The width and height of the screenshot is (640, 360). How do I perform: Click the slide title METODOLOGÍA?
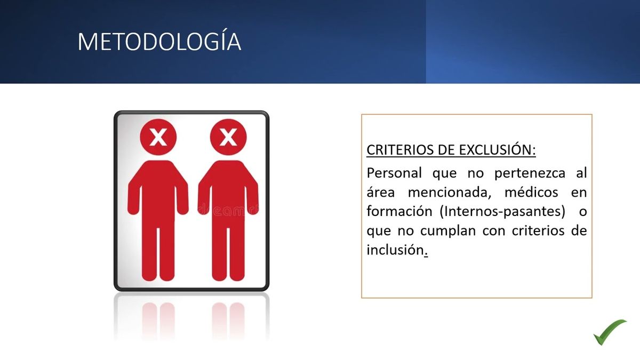(x=159, y=42)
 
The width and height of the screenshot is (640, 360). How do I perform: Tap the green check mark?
(x=610, y=332)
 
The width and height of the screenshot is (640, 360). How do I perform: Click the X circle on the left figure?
(x=158, y=137)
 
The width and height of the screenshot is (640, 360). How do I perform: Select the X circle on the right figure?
(x=228, y=137)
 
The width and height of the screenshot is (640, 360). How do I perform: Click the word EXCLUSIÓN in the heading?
(x=497, y=150)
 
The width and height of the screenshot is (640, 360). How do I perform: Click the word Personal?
(x=394, y=173)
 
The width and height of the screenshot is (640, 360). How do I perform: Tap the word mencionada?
(x=450, y=193)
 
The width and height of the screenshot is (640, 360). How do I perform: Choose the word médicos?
(x=531, y=192)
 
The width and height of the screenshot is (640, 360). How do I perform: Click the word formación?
(x=399, y=211)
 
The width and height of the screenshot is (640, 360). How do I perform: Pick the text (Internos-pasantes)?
(x=502, y=212)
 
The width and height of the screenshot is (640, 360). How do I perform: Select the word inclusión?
(x=395, y=250)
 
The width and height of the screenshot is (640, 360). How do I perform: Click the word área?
(x=381, y=192)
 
